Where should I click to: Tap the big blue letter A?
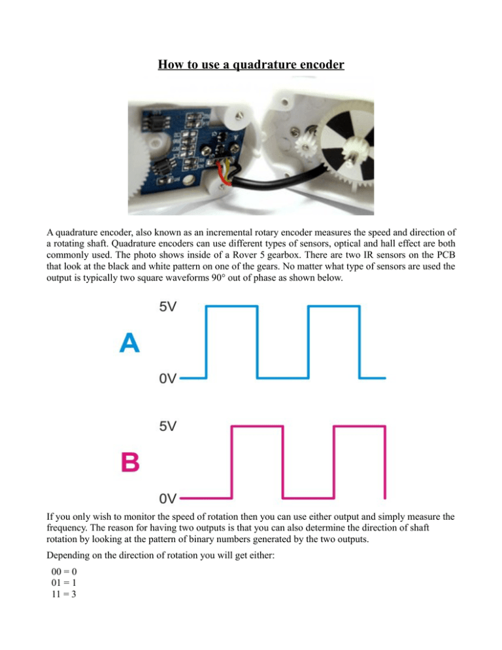(x=129, y=343)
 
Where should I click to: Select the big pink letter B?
(x=130, y=462)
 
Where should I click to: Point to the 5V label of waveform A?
(x=168, y=307)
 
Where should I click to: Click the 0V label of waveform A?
(x=168, y=379)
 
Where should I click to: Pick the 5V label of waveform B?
(x=168, y=426)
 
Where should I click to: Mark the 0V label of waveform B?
(x=168, y=498)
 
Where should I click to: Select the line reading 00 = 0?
(x=64, y=572)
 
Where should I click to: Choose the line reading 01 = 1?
(x=64, y=583)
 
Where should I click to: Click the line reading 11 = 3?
(x=64, y=594)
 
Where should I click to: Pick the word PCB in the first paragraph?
(x=446, y=255)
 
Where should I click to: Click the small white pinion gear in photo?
(x=305, y=145)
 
